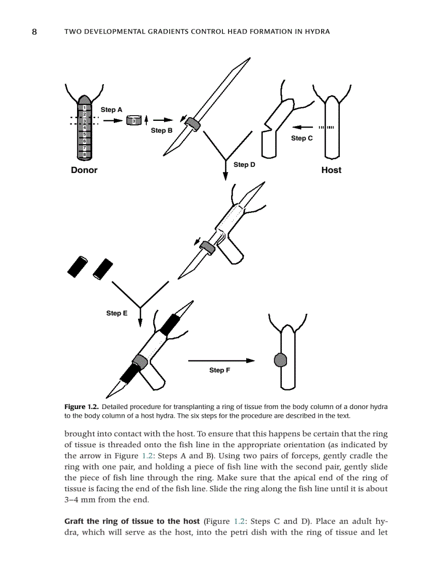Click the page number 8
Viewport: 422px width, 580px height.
coord(34,32)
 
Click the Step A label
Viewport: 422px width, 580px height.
coord(111,109)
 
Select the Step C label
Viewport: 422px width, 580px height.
coord(302,138)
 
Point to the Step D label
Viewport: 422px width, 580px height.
coord(244,165)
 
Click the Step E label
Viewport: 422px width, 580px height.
coord(117,313)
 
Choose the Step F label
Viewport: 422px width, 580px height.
coord(220,370)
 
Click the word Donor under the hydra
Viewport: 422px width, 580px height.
coord(84,170)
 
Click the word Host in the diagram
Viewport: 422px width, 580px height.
coord(331,170)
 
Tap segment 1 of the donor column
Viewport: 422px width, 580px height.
coord(84,108)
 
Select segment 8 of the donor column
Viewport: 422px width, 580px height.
coord(84,154)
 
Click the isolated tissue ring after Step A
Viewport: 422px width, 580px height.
coord(133,120)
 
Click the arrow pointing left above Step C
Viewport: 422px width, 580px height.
coord(302,127)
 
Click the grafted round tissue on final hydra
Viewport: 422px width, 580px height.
coord(280,360)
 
